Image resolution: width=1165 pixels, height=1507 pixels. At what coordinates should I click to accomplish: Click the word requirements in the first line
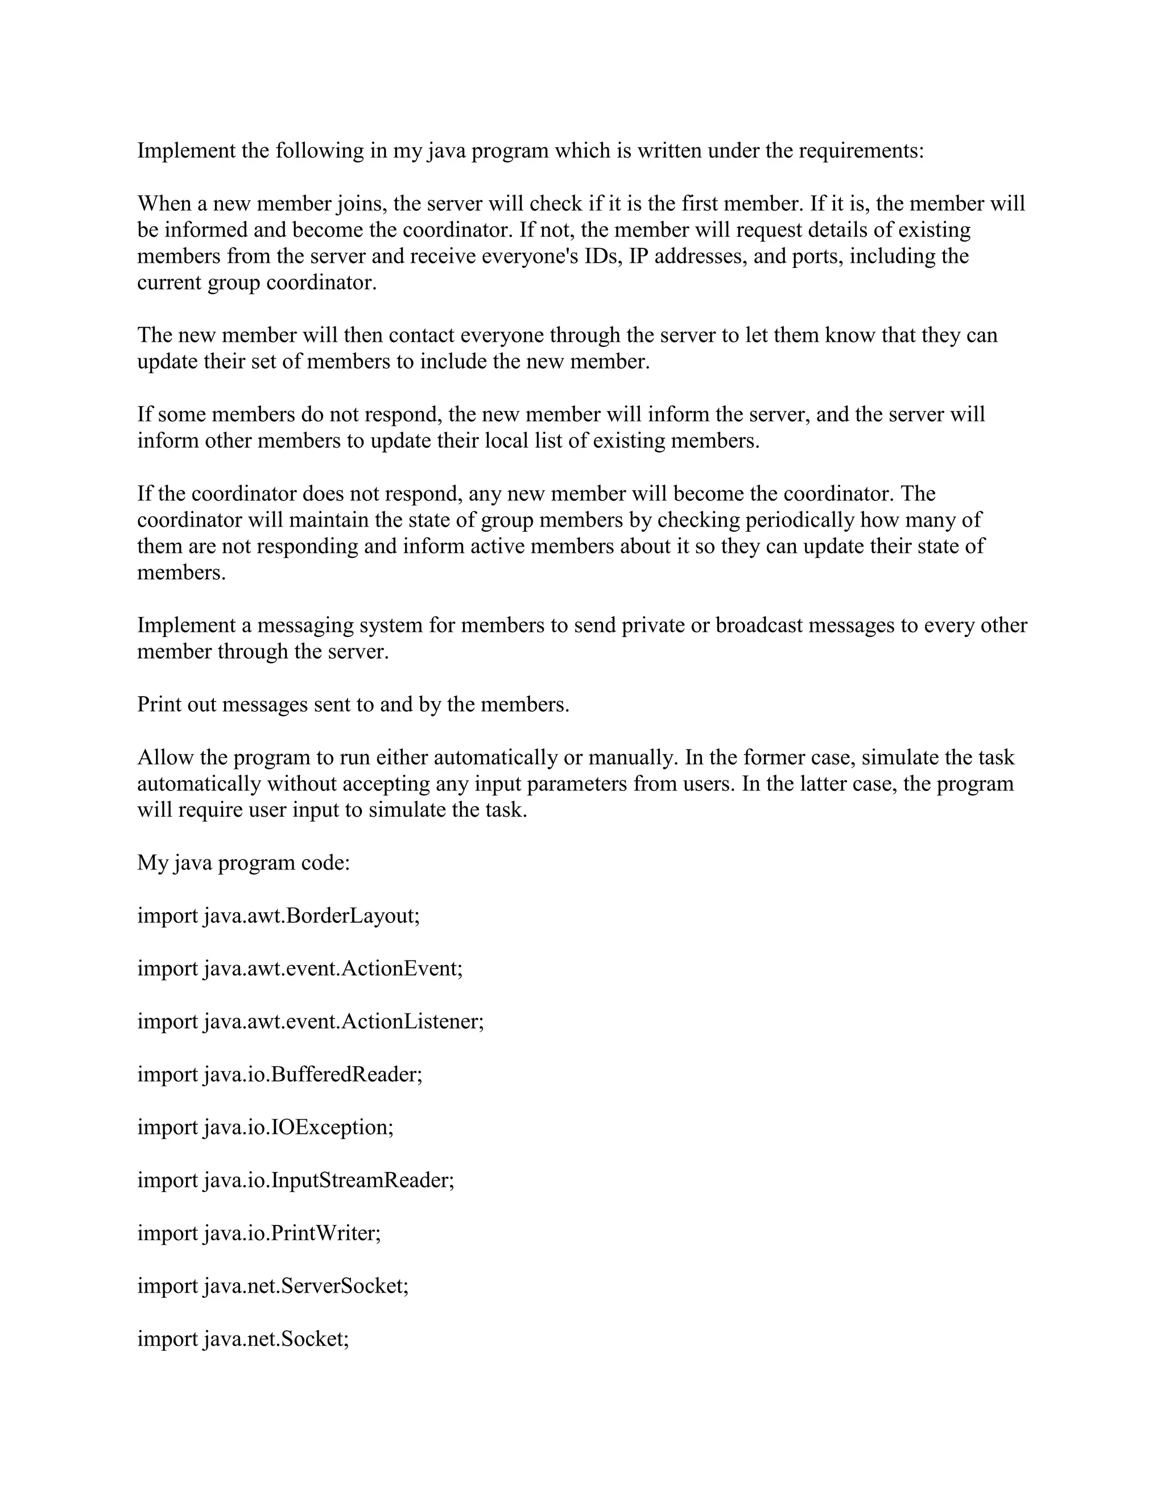pos(861,151)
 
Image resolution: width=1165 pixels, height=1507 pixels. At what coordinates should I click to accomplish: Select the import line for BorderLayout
pos(278,916)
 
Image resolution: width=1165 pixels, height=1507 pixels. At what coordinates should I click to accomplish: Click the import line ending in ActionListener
pos(311,1021)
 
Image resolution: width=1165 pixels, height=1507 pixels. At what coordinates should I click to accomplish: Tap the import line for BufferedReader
pos(279,1074)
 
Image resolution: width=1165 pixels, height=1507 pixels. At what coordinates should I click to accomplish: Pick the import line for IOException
pos(265,1127)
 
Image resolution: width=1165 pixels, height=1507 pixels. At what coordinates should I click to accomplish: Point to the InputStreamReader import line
pos(296,1180)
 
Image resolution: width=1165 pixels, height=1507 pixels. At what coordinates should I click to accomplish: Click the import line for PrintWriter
pos(259,1233)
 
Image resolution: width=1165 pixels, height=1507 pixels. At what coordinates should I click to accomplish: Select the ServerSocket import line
pos(272,1286)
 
